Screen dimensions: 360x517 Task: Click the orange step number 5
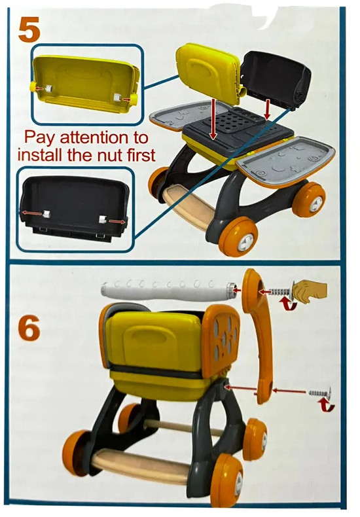(29, 29)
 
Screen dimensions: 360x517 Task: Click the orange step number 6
(29, 328)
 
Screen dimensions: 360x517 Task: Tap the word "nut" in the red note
(105, 154)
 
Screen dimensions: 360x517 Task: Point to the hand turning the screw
(309, 291)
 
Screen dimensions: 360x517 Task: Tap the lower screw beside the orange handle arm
(320, 392)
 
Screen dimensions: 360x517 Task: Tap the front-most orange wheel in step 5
(238, 236)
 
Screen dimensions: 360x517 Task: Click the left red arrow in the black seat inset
(32, 213)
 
